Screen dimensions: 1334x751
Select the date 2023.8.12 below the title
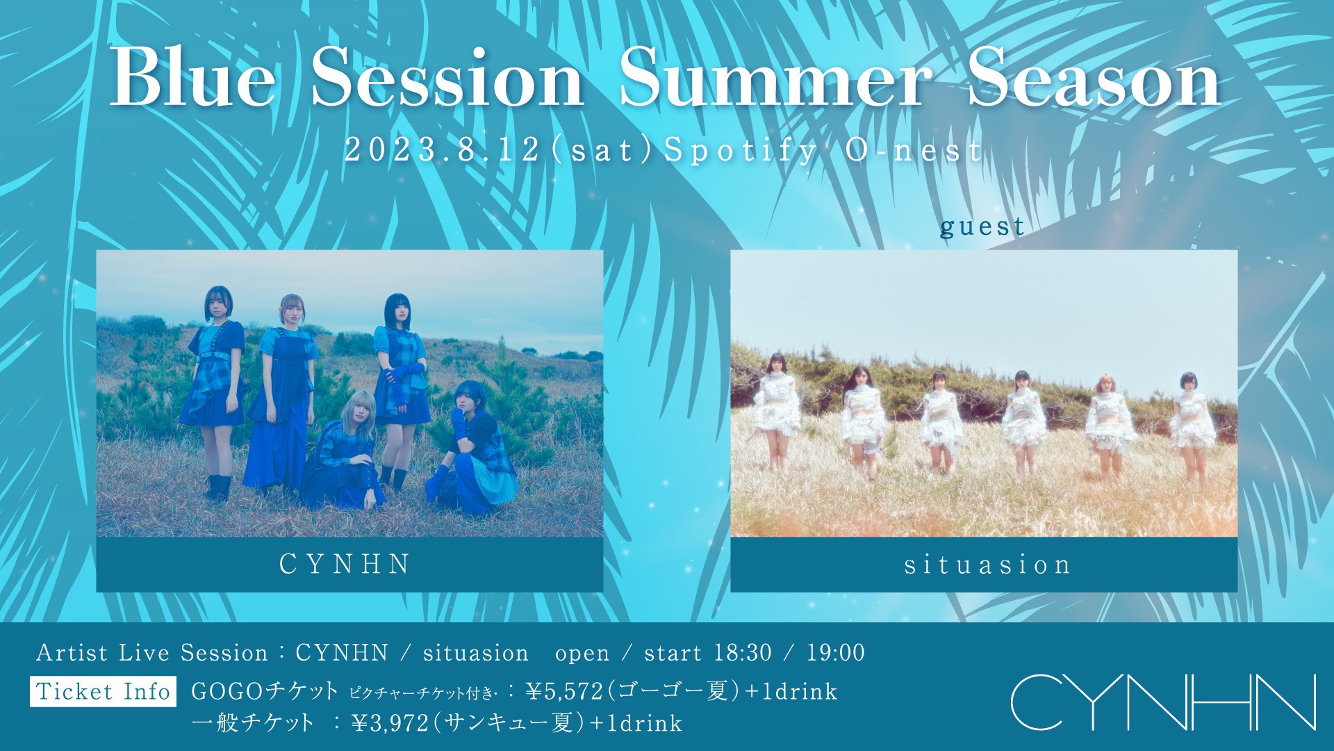point(443,150)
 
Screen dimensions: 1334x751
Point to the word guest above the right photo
point(982,227)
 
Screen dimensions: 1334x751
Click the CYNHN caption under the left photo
point(345,564)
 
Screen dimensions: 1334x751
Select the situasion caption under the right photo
point(987,565)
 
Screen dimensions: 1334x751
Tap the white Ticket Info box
point(103,691)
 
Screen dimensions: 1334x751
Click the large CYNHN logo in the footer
point(1163,702)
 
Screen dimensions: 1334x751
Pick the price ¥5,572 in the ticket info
point(564,691)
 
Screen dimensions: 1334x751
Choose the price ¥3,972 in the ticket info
point(390,723)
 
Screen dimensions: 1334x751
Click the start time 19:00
point(836,652)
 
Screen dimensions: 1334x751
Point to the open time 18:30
point(743,652)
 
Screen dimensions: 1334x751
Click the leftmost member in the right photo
point(776,410)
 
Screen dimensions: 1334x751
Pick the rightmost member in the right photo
point(1192,427)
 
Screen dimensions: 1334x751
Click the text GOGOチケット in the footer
point(265,691)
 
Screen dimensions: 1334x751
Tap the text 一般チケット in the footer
point(253,723)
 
